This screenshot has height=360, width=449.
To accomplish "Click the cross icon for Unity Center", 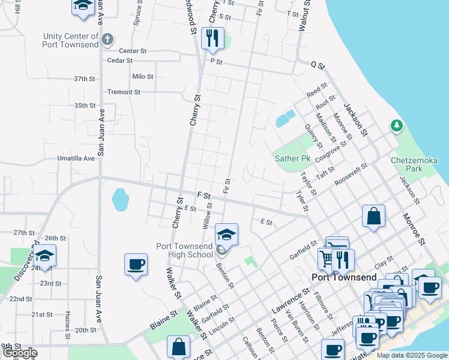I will (107, 40).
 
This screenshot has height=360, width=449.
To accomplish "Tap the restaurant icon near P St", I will (212, 39).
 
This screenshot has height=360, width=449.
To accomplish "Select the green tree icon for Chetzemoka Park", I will (396, 126).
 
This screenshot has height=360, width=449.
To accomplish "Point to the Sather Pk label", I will (292, 159).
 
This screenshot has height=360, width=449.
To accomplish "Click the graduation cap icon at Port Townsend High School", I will (226, 234).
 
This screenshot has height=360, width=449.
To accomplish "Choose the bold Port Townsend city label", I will (344, 277).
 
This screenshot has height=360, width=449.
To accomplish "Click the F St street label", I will (203, 196).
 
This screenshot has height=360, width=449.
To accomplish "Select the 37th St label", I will (85, 79).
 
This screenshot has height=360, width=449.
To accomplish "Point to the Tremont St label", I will (123, 92).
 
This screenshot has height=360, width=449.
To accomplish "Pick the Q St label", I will (317, 65).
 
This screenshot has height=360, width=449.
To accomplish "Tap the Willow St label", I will (207, 215).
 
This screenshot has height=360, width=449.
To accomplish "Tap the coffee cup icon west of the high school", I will (136, 265).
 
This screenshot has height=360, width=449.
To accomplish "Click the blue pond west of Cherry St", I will (120, 199).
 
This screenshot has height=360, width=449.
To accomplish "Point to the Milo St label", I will (143, 77).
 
